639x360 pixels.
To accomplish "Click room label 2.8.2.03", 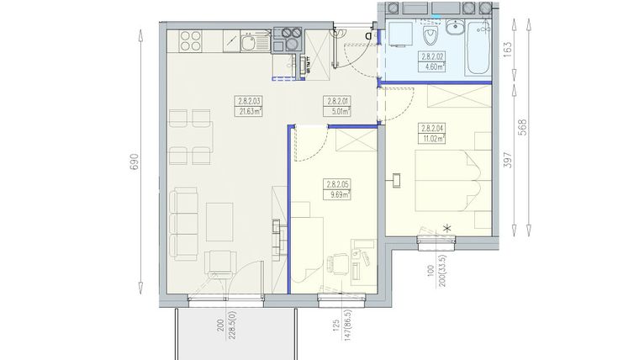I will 249,101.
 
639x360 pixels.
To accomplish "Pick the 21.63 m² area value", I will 249,109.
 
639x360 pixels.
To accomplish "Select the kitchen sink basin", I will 250,40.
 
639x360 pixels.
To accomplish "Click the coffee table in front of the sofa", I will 220,220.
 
